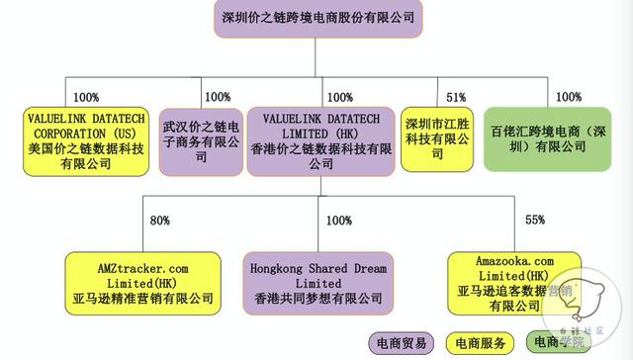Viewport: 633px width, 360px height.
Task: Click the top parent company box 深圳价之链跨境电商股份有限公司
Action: click(x=316, y=17)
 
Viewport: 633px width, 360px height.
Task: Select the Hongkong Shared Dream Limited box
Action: click(x=316, y=283)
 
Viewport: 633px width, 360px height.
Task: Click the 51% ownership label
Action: click(x=456, y=98)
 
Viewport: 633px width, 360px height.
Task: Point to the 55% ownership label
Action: click(x=535, y=221)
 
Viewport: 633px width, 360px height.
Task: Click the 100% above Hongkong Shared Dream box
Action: click(x=339, y=221)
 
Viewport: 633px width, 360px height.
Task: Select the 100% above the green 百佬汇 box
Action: click(x=569, y=97)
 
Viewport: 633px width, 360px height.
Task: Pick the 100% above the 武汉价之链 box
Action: click(x=217, y=97)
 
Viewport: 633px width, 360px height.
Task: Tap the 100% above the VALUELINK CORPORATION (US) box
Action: click(x=86, y=97)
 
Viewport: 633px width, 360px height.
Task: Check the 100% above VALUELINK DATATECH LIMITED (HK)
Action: click(x=339, y=97)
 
